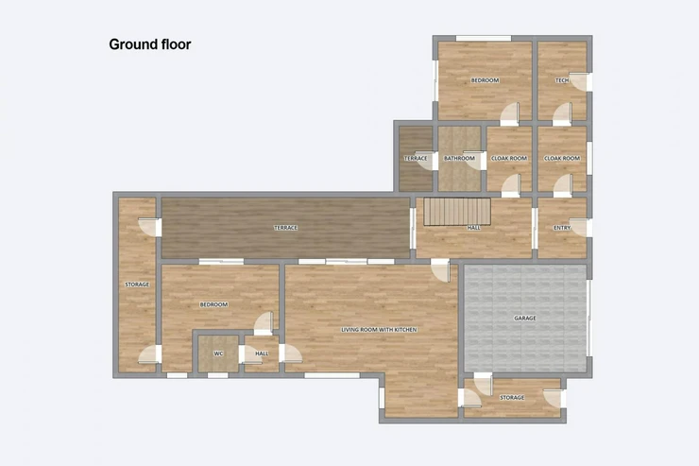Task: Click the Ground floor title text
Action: click(x=150, y=44)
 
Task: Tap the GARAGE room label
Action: click(x=524, y=318)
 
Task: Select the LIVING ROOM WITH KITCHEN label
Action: click(x=379, y=330)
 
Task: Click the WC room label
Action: click(x=218, y=354)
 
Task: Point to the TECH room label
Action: click(x=562, y=80)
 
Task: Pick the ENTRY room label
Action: click(x=562, y=228)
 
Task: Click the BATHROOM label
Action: click(x=459, y=158)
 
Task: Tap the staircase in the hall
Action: click(x=457, y=212)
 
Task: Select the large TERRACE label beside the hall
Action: click(x=285, y=228)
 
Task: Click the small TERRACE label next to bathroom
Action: click(x=416, y=158)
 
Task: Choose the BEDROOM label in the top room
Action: click(x=485, y=80)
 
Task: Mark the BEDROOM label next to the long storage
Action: click(x=214, y=304)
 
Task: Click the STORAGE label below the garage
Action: click(x=512, y=397)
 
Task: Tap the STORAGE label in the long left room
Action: click(x=137, y=285)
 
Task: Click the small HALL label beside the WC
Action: click(x=263, y=354)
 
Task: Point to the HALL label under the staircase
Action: click(x=473, y=228)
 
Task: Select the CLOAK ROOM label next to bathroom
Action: click(x=509, y=158)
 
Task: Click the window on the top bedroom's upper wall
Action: click(x=484, y=39)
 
